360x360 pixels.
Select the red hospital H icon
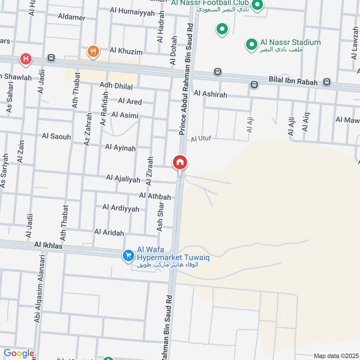pos(26,58)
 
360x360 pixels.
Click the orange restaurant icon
pos(93,51)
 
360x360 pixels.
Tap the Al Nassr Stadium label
pos(290,42)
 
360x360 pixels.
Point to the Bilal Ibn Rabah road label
pos(293,82)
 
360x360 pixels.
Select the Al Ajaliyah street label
pos(123,179)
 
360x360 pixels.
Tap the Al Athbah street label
pos(155,196)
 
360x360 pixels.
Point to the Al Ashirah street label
pos(210,94)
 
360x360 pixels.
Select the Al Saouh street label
pos(56,136)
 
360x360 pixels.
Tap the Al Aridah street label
pos(109,232)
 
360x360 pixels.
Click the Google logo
pos(18,353)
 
